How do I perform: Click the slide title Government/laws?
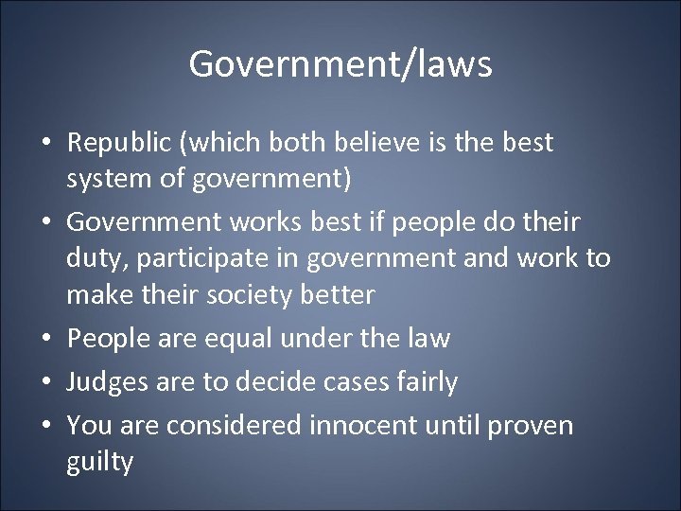tap(340, 64)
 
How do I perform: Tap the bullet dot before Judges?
tap(45, 383)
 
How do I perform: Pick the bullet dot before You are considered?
tap(45, 426)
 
